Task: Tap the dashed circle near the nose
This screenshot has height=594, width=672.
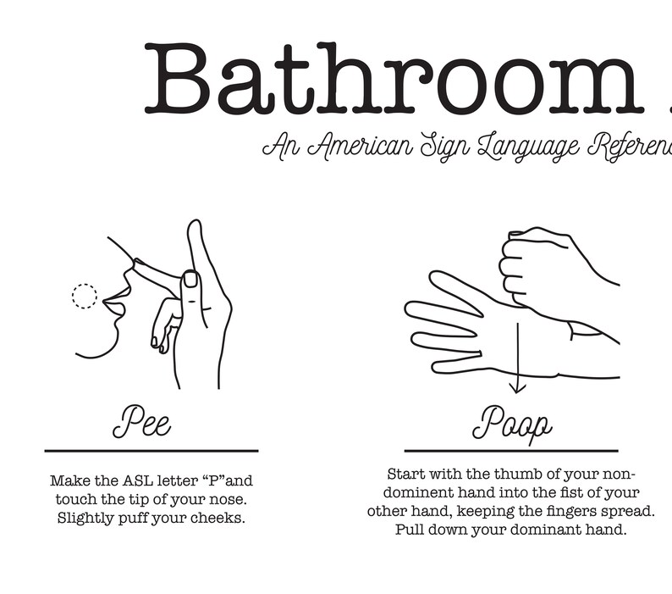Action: pyautogui.click(x=84, y=296)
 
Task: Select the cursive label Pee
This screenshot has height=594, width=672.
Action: pyautogui.click(x=141, y=421)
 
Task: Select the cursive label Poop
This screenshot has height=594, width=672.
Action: pyautogui.click(x=512, y=423)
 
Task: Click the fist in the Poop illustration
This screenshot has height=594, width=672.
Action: pyautogui.click(x=533, y=267)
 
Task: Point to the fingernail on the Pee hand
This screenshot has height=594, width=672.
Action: pyautogui.click(x=190, y=279)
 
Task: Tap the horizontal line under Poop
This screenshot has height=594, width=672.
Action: pyautogui.click(x=511, y=451)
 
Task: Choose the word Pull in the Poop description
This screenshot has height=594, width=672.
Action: pyautogui.click(x=410, y=530)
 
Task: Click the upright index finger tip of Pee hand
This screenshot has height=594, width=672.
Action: pyautogui.click(x=195, y=226)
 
